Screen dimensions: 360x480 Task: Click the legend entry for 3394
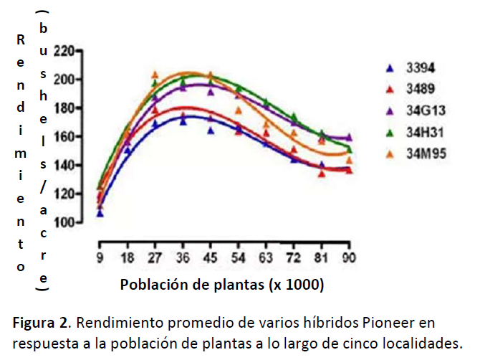421,69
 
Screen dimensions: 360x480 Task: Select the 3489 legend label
421,90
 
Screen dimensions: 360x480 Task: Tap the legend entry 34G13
423,111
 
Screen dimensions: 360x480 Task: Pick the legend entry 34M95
424,153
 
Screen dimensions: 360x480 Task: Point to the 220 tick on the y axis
64,51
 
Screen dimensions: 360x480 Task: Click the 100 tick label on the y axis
64,223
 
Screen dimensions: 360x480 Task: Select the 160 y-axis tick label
64,137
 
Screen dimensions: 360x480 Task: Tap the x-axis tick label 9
100,257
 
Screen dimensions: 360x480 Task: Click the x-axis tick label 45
211,257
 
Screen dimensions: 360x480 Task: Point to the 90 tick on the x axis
349,257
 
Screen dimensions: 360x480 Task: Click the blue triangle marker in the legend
390,69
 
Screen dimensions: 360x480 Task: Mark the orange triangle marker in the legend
390,153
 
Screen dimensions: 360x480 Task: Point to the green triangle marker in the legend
390,132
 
